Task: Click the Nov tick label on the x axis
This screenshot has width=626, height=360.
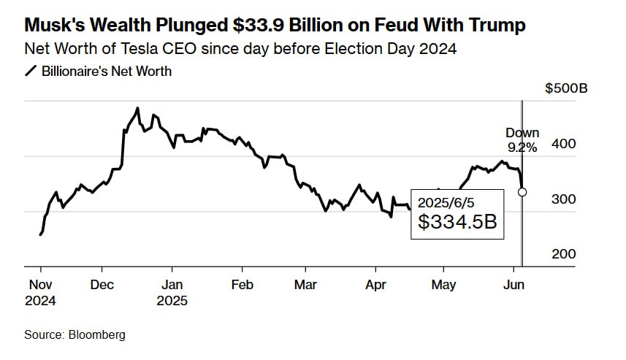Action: tap(39, 284)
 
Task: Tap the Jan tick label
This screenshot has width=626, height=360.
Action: tap(172, 284)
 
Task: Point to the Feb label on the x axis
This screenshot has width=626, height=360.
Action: tap(242, 284)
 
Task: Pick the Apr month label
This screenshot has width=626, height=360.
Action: tap(375, 284)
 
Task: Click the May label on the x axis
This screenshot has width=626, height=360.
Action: tap(444, 284)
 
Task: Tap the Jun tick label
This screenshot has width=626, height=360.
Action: tap(513, 284)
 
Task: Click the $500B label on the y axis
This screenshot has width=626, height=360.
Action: tap(566, 89)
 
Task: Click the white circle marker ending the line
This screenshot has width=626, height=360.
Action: tap(522, 192)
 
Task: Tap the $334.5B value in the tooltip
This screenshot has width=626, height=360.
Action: tap(457, 221)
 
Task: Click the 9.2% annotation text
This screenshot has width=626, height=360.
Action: tap(522, 147)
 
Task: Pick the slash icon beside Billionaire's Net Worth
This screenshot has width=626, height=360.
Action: tap(31, 72)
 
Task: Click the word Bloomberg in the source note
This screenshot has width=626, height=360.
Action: tap(97, 334)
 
